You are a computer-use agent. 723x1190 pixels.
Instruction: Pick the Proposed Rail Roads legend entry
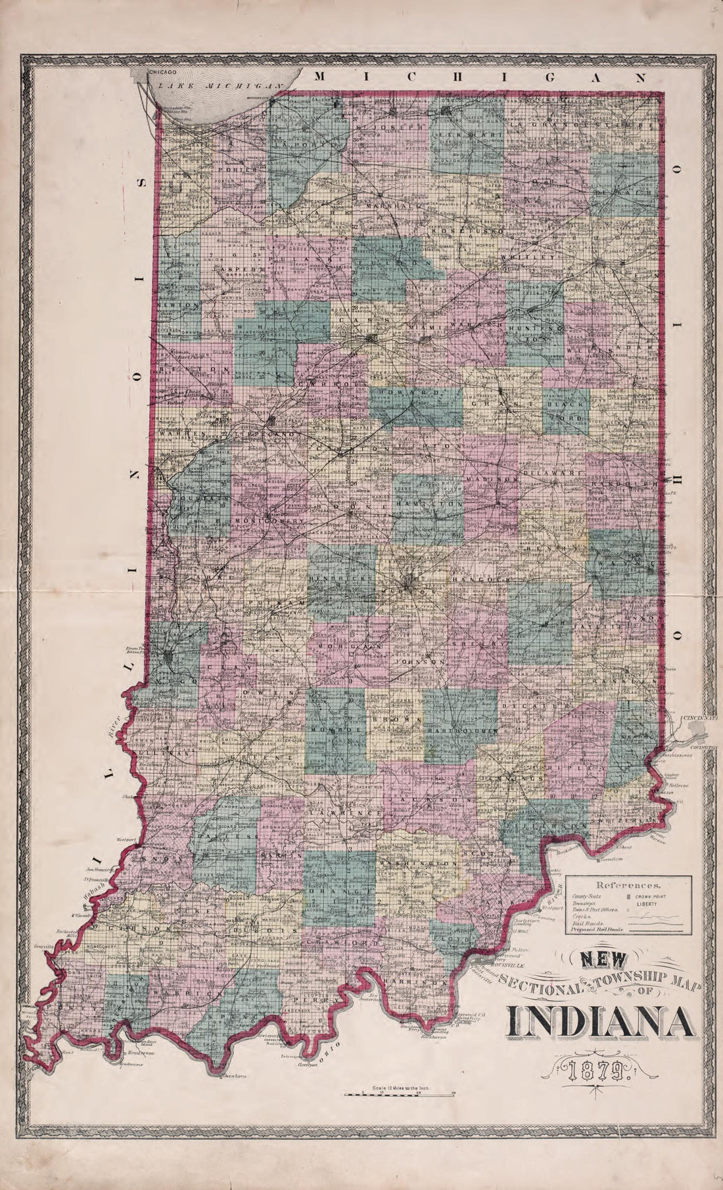(x=597, y=930)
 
